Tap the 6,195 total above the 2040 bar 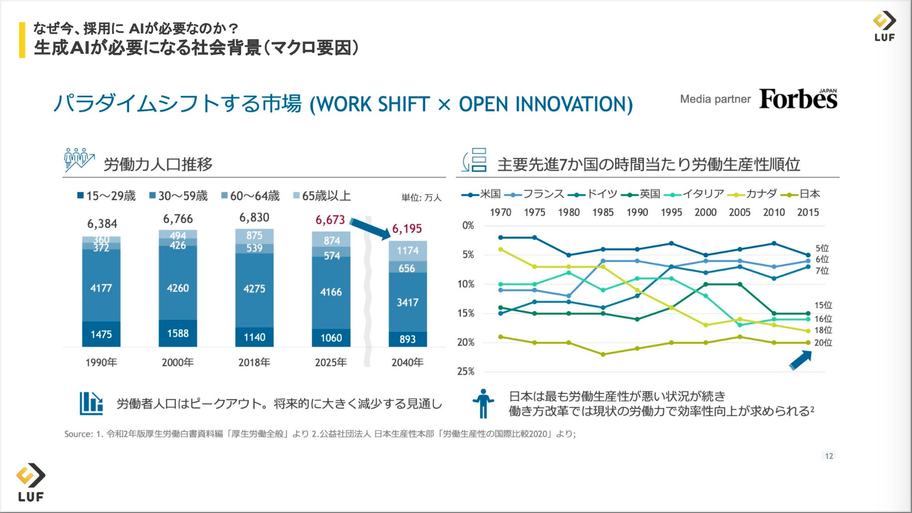tap(407, 229)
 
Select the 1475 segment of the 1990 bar tap(101, 334)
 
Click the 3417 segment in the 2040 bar tap(407, 302)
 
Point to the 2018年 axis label tap(254, 362)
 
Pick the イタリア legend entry tap(695, 194)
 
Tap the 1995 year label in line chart tap(671, 212)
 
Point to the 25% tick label tap(465, 371)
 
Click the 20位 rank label tap(823, 343)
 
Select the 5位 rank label tap(822, 248)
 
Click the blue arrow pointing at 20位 tap(800, 360)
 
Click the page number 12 tap(829, 456)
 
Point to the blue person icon tap(483, 403)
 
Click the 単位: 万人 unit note tap(421, 198)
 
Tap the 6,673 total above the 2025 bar tap(330, 220)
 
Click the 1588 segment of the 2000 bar tap(178, 333)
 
